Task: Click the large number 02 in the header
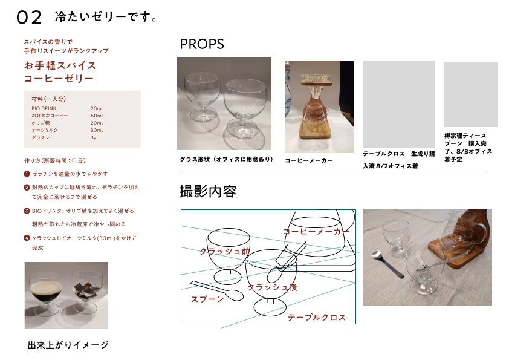click(29, 17)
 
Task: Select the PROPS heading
click(201, 44)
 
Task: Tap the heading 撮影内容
click(208, 191)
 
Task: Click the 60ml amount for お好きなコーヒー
click(97, 116)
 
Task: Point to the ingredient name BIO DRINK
click(44, 108)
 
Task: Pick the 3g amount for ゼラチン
click(94, 137)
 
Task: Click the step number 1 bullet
click(27, 174)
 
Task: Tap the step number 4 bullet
click(27, 238)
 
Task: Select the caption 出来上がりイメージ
click(68, 345)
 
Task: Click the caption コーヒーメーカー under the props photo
click(309, 160)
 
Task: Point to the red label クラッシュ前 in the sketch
click(225, 252)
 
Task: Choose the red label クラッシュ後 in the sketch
click(273, 287)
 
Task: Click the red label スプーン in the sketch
click(207, 299)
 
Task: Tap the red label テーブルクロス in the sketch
click(317, 318)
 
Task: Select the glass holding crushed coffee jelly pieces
click(85, 292)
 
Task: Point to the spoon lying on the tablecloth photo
click(387, 263)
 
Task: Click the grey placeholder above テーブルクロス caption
click(399, 105)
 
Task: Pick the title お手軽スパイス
click(60, 65)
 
